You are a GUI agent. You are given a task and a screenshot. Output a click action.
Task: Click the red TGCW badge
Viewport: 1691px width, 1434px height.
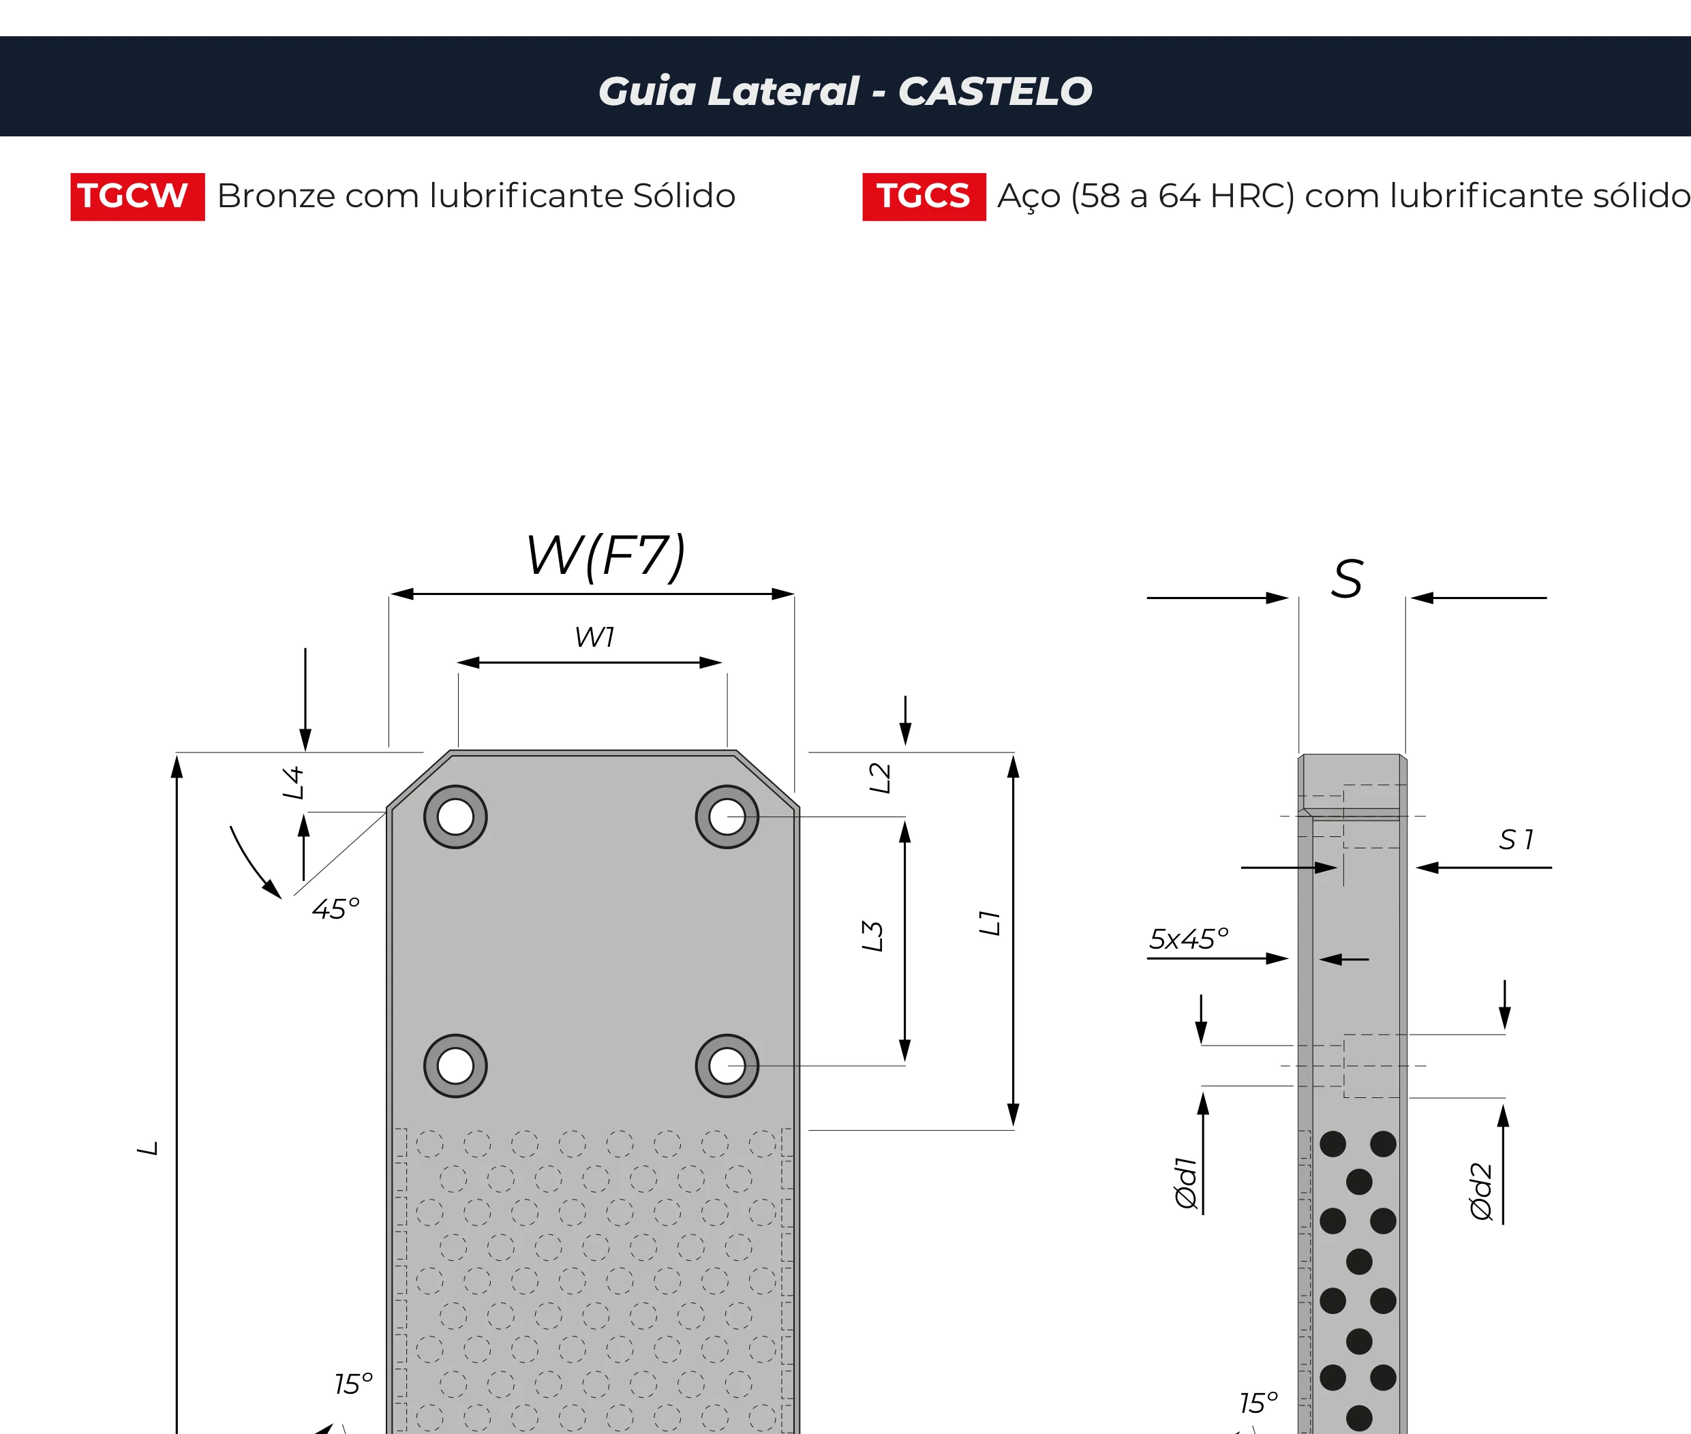[138, 197]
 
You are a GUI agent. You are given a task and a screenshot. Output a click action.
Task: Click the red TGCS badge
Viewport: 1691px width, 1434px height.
[924, 197]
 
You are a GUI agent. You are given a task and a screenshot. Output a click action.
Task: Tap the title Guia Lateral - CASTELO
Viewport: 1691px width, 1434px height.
[845, 91]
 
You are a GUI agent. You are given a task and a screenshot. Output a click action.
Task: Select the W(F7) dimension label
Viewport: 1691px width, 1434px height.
[607, 556]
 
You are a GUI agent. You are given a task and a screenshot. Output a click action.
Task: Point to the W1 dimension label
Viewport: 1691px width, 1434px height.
[594, 637]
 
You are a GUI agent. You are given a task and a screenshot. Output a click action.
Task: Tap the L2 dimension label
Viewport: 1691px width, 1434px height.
[880, 778]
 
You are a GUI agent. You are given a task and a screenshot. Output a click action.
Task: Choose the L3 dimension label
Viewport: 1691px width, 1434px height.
[872, 936]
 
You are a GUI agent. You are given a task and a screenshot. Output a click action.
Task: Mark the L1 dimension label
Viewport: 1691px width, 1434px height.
[990, 923]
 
